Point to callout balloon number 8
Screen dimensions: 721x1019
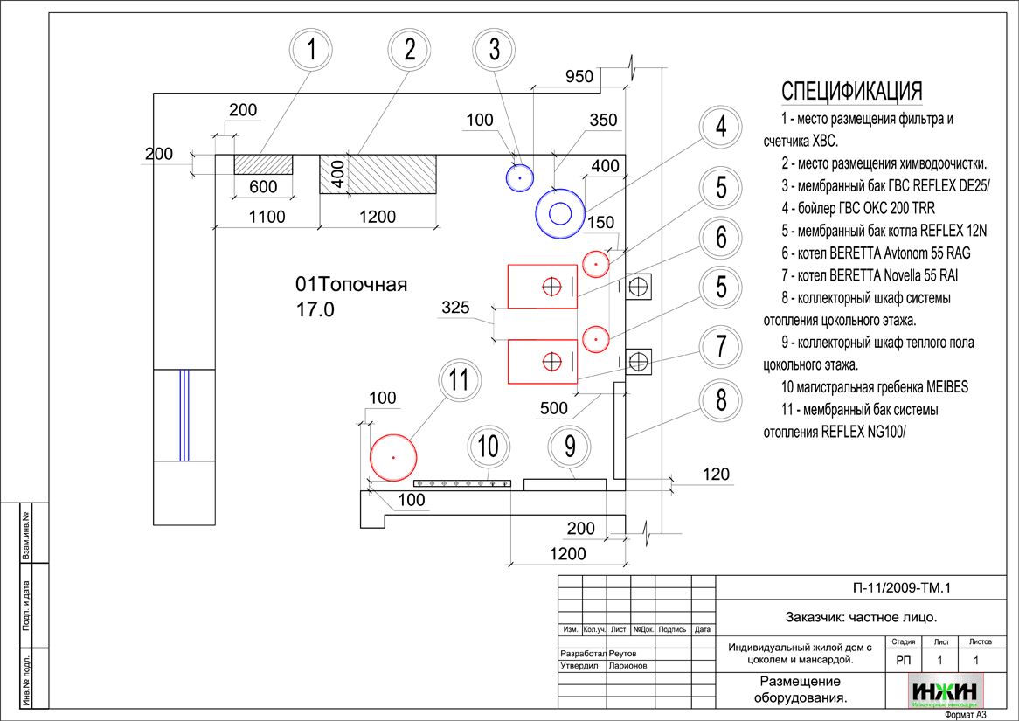click(721, 401)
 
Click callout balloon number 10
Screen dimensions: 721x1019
click(488, 447)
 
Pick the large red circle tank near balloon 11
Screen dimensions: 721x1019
click(393, 457)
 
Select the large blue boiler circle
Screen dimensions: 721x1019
click(560, 212)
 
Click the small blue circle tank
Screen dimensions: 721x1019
click(519, 177)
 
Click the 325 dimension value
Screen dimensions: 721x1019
click(455, 308)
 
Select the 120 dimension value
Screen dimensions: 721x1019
click(716, 475)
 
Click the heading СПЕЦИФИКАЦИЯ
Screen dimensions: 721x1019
click(851, 92)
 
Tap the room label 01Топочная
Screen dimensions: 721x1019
click(351, 285)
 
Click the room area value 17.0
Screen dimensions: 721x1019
click(315, 309)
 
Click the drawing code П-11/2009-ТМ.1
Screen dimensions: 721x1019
click(900, 588)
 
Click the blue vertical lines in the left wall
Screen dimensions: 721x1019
click(184, 414)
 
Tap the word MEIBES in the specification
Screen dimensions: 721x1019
click(941, 386)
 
